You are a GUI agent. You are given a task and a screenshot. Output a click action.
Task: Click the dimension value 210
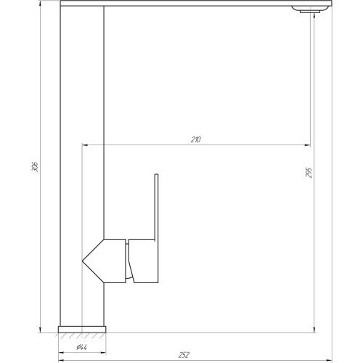(x=196, y=139)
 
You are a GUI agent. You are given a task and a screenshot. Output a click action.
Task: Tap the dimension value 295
(x=309, y=173)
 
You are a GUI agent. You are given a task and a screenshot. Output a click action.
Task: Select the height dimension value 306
(x=35, y=166)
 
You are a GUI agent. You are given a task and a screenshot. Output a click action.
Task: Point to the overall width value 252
(x=184, y=355)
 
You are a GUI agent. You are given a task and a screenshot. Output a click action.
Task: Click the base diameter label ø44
(x=81, y=347)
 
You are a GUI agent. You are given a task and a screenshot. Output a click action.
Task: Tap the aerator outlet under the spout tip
(x=310, y=11)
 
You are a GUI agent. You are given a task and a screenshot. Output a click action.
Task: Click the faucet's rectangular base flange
(x=82, y=330)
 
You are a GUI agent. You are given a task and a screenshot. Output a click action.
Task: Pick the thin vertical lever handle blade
(x=156, y=206)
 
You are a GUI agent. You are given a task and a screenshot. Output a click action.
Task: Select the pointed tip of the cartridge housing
(x=83, y=261)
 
